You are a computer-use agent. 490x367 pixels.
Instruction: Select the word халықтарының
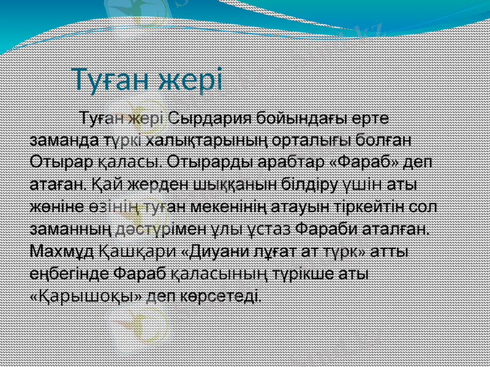208,139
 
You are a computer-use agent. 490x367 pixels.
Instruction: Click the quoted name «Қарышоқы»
88,296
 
